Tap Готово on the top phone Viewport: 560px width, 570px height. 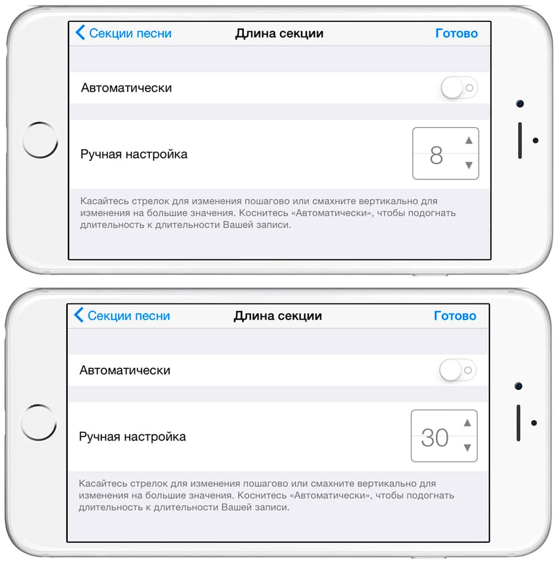[456, 34]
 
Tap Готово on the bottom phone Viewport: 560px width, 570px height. [455, 316]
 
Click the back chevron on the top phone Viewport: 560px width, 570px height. [80, 32]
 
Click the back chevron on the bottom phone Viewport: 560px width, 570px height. [78, 315]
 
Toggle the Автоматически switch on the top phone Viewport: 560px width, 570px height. [459, 87]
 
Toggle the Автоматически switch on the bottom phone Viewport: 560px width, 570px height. [458, 370]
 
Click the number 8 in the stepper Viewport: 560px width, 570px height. [436, 155]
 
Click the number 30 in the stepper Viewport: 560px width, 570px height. [435, 438]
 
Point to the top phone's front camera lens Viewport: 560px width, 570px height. [520, 104]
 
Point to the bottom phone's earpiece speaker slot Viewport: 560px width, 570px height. [518, 423]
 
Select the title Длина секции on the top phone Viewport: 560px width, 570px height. [279, 34]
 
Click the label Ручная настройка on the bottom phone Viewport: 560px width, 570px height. [132, 437]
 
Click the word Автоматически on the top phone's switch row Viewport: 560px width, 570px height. [126, 88]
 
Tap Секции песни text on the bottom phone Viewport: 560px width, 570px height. [129, 316]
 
